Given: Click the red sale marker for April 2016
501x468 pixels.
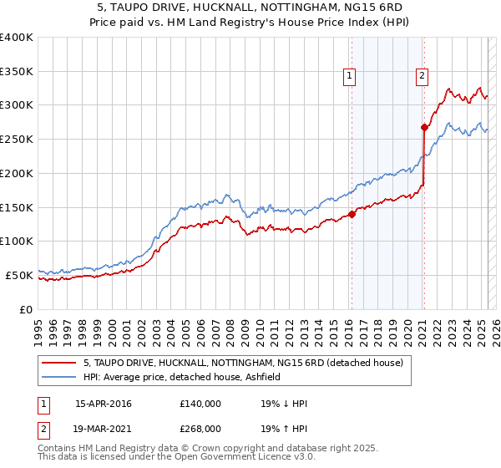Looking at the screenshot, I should coord(352,214).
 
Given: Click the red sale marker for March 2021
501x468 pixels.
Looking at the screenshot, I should coord(424,128).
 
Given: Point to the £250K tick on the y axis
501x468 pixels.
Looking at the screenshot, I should coord(18,140).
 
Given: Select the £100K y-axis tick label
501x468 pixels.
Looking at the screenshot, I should coord(18,242).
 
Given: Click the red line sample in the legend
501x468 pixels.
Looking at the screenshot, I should coord(58,363).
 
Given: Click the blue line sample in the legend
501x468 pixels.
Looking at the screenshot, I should coord(58,378).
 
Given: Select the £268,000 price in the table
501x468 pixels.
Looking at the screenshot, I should coord(200,428).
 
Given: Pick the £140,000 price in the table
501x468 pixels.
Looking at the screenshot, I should coord(200,404).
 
